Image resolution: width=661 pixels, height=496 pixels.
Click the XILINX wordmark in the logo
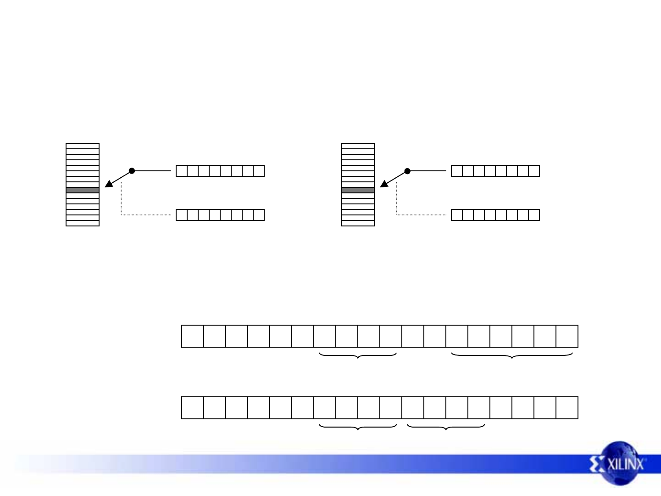pyautogui.click(x=626, y=464)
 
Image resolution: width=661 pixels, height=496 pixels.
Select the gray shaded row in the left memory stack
pyautogui.click(x=83, y=190)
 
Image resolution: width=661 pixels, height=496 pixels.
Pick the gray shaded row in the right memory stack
pyautogui.click(x=358, y=190)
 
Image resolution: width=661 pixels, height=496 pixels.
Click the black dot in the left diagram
pyautogui.click(x=132, y=171)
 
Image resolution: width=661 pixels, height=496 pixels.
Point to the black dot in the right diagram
pyautogui.click(x=407, y=171)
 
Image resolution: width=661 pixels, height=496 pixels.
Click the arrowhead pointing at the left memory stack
pyautogui.click(x=108, y=184)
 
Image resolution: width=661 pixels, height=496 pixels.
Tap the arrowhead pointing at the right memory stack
pyautogui.click(x=383, y=184)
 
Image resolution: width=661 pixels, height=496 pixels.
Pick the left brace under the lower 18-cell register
pyautogui.click(x=358, y=427)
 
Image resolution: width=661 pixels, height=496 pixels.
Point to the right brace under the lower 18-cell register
pyautogui.click(x=446, y=427)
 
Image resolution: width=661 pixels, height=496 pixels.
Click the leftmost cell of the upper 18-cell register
pyautogui.click(x=193, y=336)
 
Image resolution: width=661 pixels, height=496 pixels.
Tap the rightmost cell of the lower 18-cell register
pyautogui.click(x=567, y=408)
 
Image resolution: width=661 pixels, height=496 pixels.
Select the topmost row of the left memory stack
pyautogui.click(x=83, y=146)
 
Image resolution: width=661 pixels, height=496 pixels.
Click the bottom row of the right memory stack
pyautogui.click(x=358, y=223)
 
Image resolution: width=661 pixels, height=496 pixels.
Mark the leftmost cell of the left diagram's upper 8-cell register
pyautogui.click(x=182, y=171)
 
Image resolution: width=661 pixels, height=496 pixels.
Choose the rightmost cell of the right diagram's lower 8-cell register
pyautogui.click(x=534, y=215)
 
